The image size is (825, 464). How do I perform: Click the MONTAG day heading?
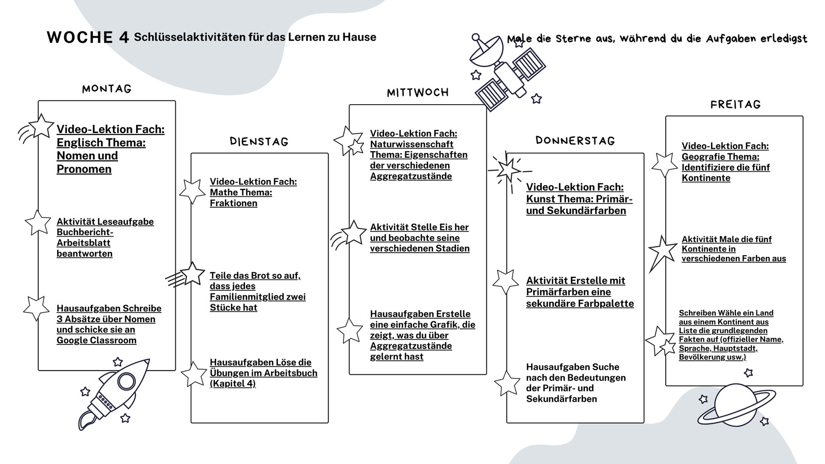[106, 89]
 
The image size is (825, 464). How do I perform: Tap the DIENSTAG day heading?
[259, 141]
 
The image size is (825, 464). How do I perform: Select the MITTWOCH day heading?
[418, 92]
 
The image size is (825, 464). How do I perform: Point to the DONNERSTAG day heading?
[575, 141]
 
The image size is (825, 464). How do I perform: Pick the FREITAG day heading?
[735, 105]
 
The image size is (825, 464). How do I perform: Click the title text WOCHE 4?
[88, 37]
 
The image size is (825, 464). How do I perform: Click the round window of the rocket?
[126, 381]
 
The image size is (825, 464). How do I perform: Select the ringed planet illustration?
[736, 405]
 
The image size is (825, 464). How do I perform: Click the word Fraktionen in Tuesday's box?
[234, 203]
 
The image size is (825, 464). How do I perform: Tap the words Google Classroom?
[96, 340]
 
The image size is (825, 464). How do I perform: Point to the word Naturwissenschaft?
[411, 144]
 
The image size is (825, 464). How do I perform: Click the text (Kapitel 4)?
[233, 384]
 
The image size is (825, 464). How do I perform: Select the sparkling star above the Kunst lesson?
[509, 171]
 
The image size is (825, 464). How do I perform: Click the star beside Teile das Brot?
[192, 274]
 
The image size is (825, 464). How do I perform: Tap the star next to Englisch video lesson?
[41, 126]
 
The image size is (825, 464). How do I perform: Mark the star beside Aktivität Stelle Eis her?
[354, 233]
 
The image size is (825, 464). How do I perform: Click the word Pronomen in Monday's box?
[84, 169]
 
